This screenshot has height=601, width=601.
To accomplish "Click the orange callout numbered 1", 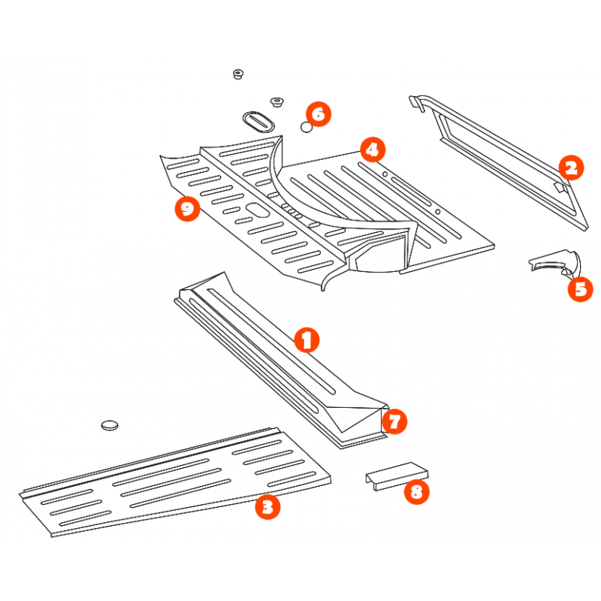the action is click(307, 340).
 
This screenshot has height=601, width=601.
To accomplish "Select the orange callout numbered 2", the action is click(571, 168).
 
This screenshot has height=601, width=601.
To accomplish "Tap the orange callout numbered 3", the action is click(267, 507).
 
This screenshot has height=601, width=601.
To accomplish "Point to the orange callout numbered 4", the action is click(373, 149).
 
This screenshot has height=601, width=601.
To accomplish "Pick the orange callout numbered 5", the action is click(580, 289).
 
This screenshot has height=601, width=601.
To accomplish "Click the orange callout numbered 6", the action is click(319, 114).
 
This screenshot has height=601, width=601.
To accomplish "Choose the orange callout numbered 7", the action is click(394, 421).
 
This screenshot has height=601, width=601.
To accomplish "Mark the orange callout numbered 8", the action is click(417, 492).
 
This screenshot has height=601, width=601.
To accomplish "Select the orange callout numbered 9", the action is click(187, 209).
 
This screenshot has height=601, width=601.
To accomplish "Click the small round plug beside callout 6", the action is click(307, 127).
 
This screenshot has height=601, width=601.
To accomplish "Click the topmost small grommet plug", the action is click(238, 74).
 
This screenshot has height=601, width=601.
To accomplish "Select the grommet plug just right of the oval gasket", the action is click(276, 102).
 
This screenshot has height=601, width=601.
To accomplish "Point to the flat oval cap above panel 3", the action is click(110, 425).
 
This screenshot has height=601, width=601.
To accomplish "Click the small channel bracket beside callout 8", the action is click(397, 476).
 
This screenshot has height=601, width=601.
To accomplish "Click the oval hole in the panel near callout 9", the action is click(258, 210).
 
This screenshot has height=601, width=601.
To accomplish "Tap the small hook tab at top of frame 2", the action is click(416, 103).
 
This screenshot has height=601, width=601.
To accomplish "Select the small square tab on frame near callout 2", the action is click(560, 187).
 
